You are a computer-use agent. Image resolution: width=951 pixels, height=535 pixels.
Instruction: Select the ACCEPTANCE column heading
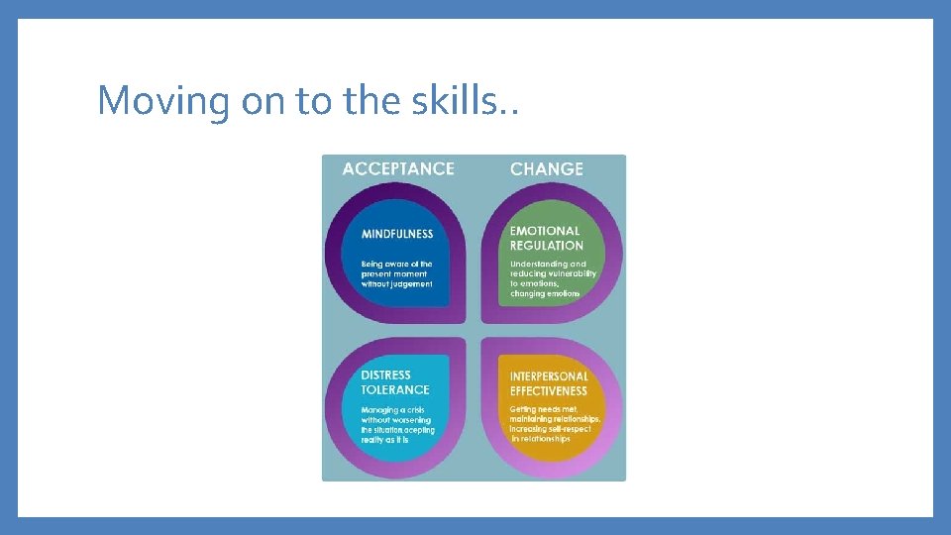pos(398,168)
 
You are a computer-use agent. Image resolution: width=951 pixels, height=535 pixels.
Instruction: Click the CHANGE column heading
pos(547,168)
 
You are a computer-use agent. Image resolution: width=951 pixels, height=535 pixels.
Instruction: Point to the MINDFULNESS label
pos(397,235)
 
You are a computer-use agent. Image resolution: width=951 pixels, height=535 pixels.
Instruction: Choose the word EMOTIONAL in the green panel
pos(545,231)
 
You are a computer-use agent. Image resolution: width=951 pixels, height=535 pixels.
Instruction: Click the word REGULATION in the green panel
pos(547,246)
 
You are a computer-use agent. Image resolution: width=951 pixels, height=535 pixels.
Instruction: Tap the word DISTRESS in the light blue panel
pos(386,375)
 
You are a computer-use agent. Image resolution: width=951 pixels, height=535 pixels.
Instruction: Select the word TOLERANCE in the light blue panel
pos(395,390)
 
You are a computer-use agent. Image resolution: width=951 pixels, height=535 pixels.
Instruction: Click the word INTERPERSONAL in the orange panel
pos(549,376)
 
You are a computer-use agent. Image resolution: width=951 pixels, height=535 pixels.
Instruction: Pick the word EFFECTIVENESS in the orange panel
pos(549,390)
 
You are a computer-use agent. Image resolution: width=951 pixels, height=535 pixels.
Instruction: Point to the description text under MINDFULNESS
pos(396,273)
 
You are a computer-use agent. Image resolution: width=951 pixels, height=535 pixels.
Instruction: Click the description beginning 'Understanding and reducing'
pos(553,278)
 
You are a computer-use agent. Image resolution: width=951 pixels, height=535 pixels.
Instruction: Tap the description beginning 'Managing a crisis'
pos(397,425)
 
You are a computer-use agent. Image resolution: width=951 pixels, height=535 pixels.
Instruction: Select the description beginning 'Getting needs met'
pos(555,424)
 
